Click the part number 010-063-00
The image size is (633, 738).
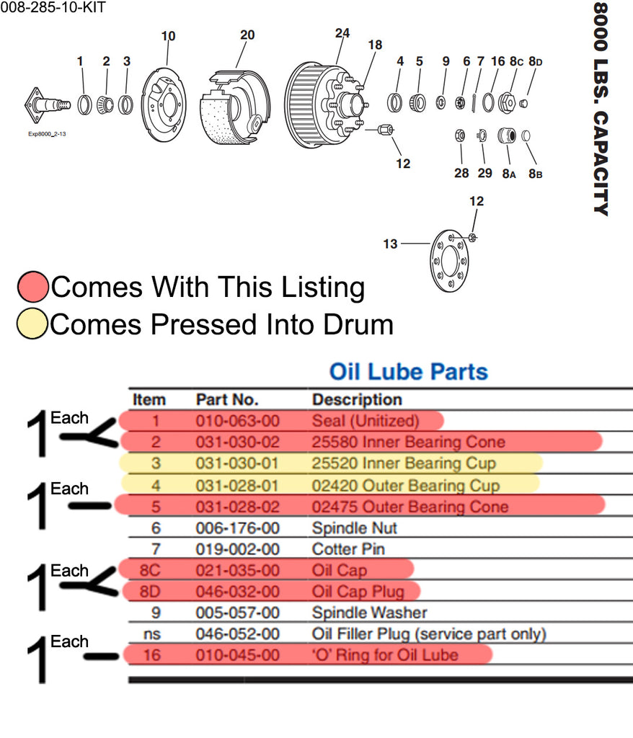coord(237,420)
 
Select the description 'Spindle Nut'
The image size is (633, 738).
coord(354,528)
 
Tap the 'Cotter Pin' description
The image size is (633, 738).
coord(348,549)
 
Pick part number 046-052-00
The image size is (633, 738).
coord(237,634)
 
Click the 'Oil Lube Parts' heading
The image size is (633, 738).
coord(408,372)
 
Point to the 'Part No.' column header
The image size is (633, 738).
coord(226,399)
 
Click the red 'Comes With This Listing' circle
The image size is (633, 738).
coord(33,287)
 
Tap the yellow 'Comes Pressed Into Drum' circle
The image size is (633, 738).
coord(33,324)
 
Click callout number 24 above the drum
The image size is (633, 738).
coord(342,33)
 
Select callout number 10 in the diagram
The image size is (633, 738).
coord(168,36)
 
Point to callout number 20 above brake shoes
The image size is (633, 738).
coord(247,35)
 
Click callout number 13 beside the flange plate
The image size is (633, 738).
coord(390,244)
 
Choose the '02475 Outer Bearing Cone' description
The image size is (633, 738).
coord(410,507)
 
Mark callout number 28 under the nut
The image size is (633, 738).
coord(461,173)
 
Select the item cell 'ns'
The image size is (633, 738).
coord(150,634)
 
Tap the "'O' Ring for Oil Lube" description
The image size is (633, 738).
coord(384,655)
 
